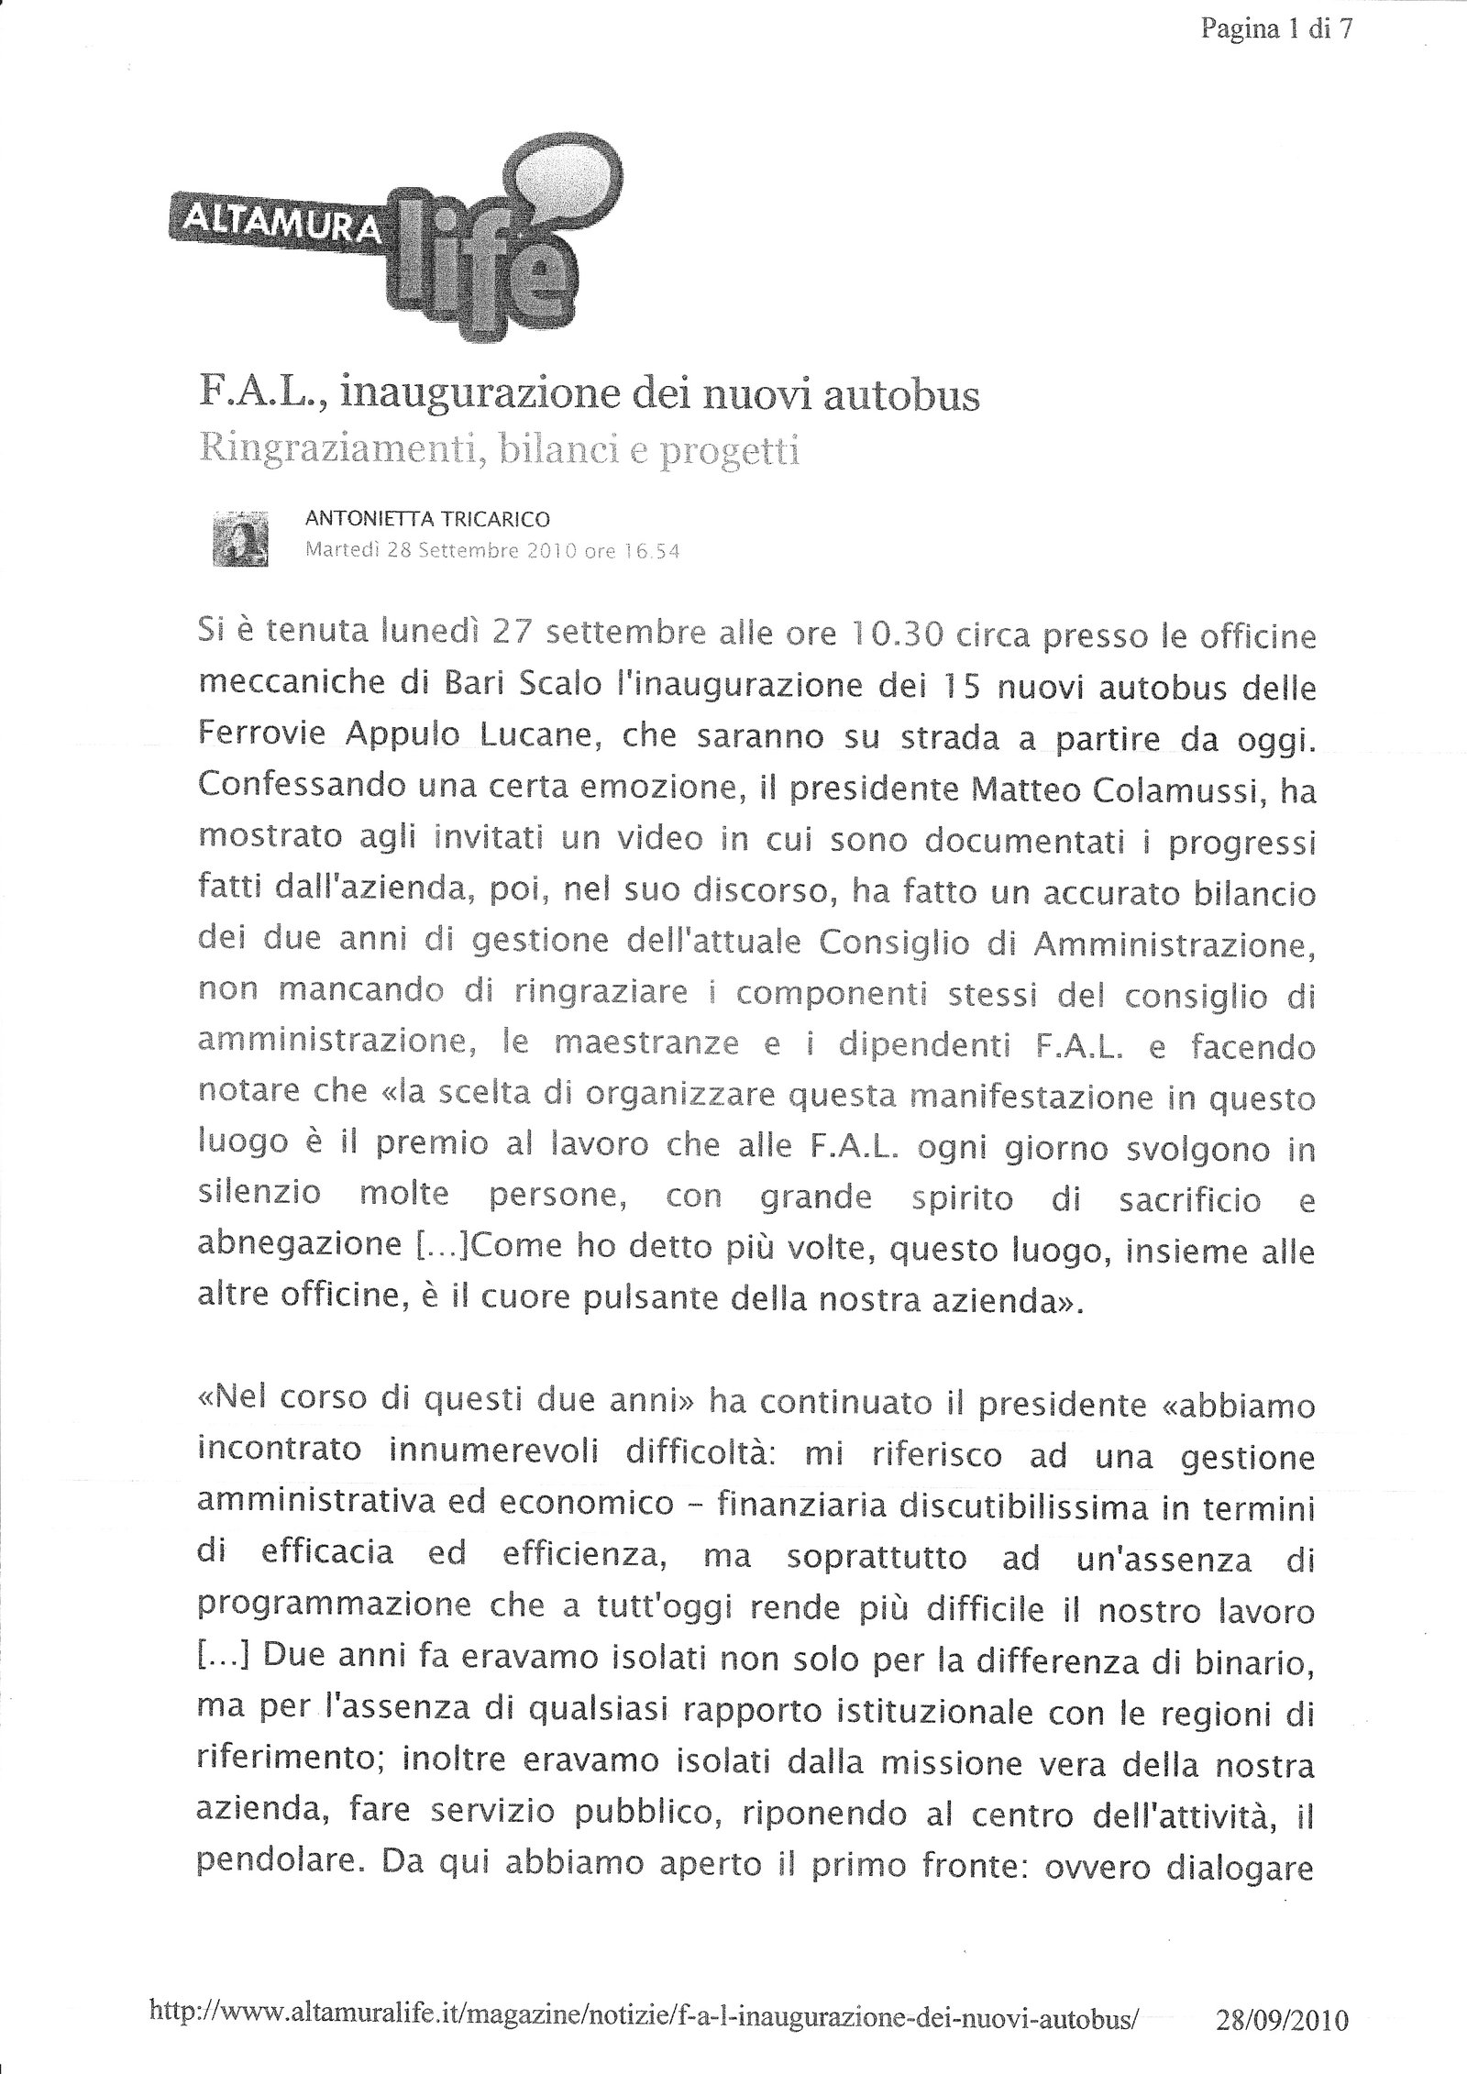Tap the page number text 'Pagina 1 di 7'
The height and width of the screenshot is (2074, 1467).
pyautogui.click(x=1276, y=31)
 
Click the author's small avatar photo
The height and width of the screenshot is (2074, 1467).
pyautogui.click(x=240, y=538)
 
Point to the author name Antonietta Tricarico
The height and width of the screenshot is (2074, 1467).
pyautogui.click(x=427, y=519)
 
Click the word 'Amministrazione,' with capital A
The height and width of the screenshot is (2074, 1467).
pyautogui.click(x=1175, y=943)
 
